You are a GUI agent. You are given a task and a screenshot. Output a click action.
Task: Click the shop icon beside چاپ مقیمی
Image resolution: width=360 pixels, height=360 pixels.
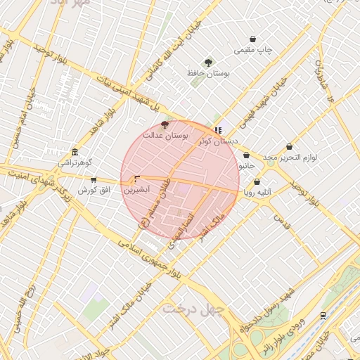click(253, 39)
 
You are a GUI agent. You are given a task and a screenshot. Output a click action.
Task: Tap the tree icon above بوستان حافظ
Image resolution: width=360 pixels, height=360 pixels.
click(207, 63)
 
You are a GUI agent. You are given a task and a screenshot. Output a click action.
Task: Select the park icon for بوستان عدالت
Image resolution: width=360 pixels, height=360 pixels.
click(165, 124)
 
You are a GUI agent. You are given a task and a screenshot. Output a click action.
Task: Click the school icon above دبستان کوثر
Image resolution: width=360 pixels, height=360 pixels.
click(218, 130)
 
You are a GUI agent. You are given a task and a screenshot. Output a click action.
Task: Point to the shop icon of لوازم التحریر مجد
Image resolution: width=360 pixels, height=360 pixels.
click(289, 147)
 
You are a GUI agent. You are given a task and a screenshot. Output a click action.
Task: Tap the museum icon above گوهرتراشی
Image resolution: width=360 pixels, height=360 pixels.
click(75, 153)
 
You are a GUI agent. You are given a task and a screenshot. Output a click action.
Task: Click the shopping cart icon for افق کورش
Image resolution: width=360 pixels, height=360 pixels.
click(94, 180)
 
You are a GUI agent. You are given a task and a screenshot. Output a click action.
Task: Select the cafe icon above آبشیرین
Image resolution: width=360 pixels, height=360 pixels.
click(136, 179)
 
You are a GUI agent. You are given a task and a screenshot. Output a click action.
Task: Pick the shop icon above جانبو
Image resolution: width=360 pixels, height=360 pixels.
click(246, 155)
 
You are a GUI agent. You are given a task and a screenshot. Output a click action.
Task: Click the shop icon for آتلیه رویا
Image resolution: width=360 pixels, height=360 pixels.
click(257, 181)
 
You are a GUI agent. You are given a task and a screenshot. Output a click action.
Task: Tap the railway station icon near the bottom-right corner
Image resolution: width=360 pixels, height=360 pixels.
click(322, 316)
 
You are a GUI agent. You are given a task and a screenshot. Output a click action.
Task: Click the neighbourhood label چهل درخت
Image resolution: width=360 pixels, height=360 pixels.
click(193, 308)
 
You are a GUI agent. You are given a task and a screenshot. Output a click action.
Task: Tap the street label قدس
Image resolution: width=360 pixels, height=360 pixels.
click(281, 224)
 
